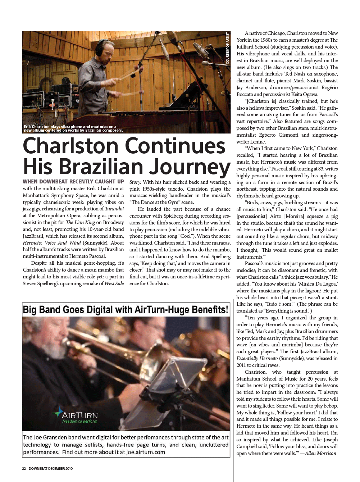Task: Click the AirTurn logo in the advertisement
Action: (x=76, y=415)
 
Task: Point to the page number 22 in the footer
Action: (x=24, y=468)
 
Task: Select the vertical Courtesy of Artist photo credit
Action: (x=228, y=48)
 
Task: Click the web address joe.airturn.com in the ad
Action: (x=146, y=452)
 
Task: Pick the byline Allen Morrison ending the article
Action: (x=320, y=453)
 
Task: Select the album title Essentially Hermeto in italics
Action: (x=257, y=358)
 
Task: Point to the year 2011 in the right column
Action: (x=241, y=365)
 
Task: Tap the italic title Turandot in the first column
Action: (x=114, y=209)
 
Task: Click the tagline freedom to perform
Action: (x=79, y=421)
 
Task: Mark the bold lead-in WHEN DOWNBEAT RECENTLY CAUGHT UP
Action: (x=73, y=182)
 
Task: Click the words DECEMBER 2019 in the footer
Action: (x=60, y=468)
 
